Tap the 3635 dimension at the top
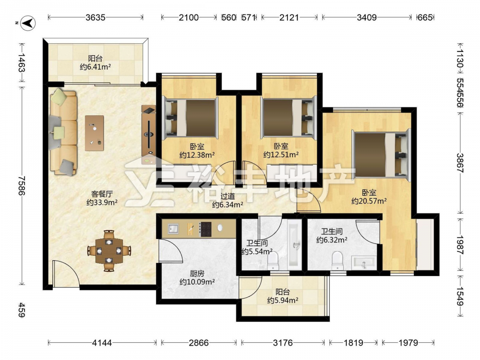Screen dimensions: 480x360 coord(95,17)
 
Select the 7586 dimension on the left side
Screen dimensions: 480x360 coord(22,185)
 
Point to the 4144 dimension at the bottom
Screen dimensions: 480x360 coord(102,343)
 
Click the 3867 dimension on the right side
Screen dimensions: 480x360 coord(460,163)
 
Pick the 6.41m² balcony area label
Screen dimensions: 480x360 coord(95,67)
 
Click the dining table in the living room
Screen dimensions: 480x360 coord(109,251)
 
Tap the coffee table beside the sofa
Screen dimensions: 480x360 coord(94,133)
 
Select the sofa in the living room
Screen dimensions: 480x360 coord(63,133)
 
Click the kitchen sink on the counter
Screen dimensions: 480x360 coord(173,228)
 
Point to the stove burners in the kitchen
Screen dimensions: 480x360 coord(205,229)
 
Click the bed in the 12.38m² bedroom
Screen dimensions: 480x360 coord(191,118)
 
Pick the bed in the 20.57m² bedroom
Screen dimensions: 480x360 coord(381,154)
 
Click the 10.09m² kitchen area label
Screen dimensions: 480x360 coord(197,282)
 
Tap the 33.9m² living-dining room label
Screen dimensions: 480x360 coord(102,203)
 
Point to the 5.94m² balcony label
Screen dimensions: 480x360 coord(283,300)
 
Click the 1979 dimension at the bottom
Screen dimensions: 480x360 coord(408,343)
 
